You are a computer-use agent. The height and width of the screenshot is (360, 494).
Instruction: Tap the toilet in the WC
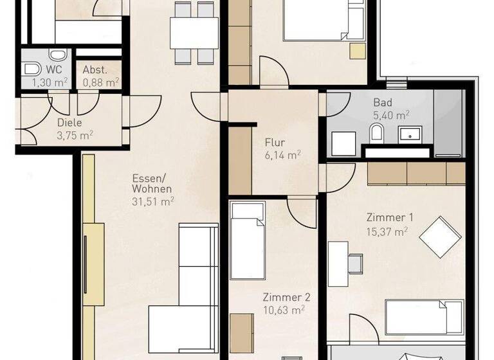[30, 69]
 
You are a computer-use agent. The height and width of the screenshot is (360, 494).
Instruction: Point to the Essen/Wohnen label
[151, 184]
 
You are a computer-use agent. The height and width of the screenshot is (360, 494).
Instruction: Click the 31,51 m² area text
[152, 201]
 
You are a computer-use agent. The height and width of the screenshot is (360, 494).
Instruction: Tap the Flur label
[275, 143]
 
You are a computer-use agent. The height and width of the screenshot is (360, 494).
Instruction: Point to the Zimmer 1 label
[390, 217]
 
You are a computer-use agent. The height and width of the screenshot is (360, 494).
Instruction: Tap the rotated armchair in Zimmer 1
[441, 237]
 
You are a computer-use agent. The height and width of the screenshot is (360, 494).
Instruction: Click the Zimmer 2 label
[286, 297]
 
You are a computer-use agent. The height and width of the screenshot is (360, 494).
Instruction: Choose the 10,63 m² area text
[284, 310]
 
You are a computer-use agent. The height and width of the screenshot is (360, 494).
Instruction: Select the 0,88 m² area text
[100, 82]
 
